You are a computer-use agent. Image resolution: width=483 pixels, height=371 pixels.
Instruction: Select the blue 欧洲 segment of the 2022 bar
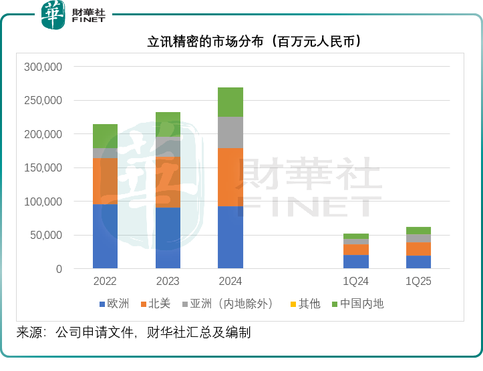(x=105, y=236)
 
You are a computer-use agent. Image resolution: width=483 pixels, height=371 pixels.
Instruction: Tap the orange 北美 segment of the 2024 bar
(x=230, y=177)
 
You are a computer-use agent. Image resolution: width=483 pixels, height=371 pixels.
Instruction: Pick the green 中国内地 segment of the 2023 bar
(x=168, y=124)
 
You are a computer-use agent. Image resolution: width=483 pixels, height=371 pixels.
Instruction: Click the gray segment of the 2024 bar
(x=230, y=132)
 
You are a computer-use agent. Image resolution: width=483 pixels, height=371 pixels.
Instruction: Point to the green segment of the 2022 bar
(x=105, y=135)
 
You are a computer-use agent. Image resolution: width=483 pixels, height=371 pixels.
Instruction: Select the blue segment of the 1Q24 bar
(x=356, y=262)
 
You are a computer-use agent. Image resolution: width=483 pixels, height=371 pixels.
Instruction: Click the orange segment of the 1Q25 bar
(x=419, y=249)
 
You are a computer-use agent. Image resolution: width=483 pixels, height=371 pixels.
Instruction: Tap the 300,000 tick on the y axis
(x=43, y=67)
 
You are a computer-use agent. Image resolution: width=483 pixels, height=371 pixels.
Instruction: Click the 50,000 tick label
(x=46, y=236)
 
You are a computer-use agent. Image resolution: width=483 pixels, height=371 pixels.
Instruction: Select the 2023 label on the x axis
(x=168, y=282)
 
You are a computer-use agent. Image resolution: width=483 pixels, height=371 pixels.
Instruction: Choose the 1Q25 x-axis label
(x=419, y=282)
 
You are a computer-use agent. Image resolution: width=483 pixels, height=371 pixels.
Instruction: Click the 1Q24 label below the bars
(x=356, y=282)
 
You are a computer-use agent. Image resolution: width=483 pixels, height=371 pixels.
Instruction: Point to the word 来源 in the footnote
(x=29, y=332)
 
